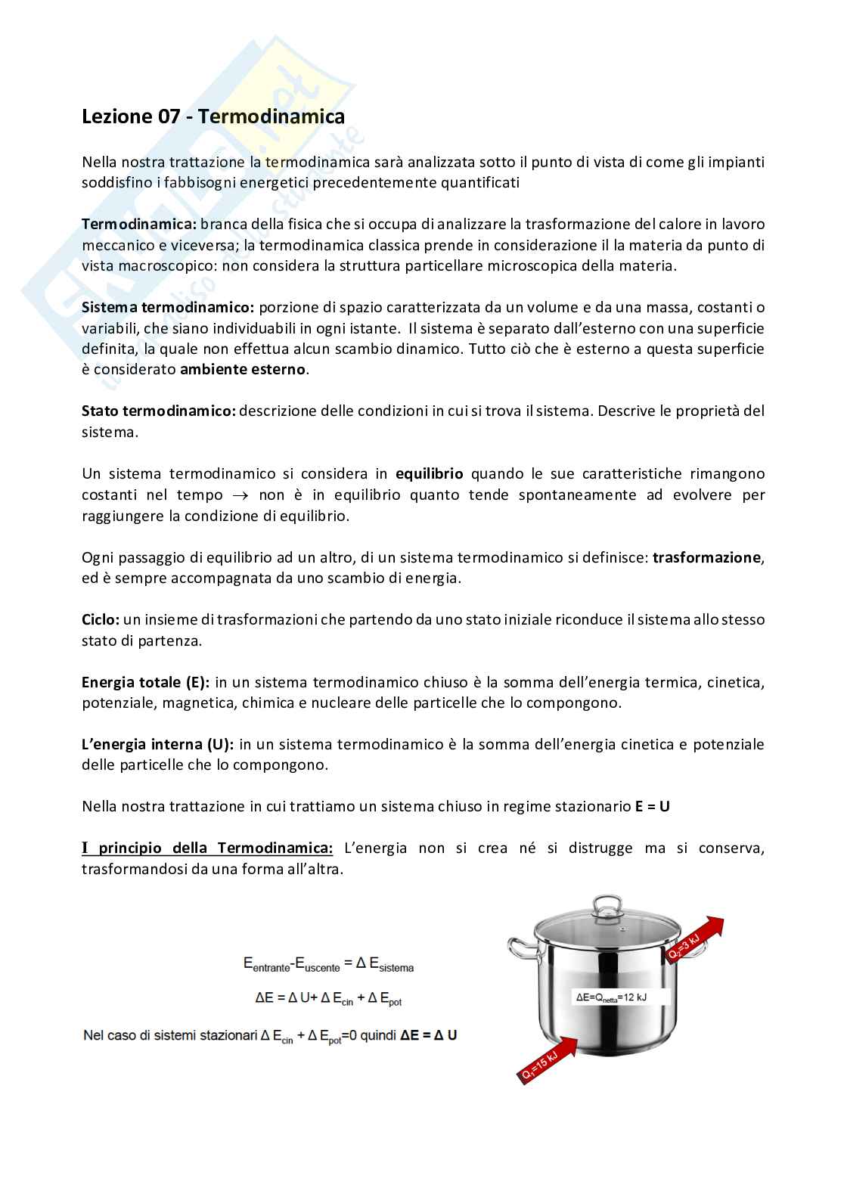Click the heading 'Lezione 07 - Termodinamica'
pyautogui.click(x=213, y=117)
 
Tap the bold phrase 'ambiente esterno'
pyautogui.click(x=243, y=371)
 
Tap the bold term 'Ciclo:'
pyautogui.click(x=101, y=620)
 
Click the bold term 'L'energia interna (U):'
pyautogui.click(x=157, y=745)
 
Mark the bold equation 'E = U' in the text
pyautogui.click(x=652, y=807)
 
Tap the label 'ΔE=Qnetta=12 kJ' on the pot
pyautogui.click(x=611, y=997)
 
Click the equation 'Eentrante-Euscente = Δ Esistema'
pyautogui.click(x=328, y=965)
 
